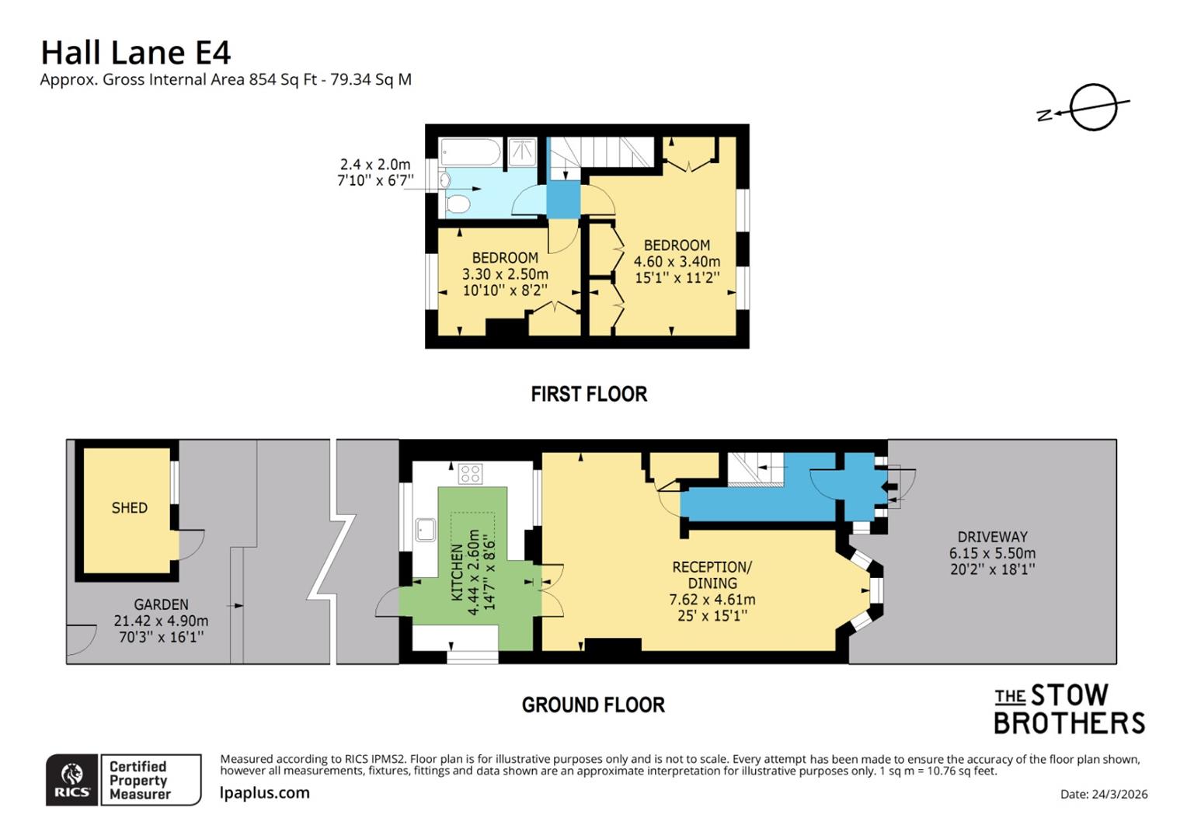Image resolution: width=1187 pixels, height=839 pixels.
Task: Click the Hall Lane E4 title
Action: click(x=135, y=53)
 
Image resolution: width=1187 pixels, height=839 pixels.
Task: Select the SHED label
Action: click(x=129, y=508)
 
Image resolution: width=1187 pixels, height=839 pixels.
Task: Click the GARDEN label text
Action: click(x=161, y=604)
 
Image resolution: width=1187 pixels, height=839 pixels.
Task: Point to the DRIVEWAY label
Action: click(x=992, y=537)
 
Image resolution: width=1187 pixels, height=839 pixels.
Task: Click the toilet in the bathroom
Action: click(x=458, y=204)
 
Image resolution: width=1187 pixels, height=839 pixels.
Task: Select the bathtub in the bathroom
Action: click(x=470, y=152)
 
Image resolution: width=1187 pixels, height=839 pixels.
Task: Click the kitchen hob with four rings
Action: click(x=470, y=473)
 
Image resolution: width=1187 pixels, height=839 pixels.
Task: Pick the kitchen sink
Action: click(x=425, y=530)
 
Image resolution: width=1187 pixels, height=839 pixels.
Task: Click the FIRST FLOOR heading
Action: click(x=589, y=395)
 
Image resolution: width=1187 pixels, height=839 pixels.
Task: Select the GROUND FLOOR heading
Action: click(x=593, y=705)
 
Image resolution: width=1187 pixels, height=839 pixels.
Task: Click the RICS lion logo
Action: click(x=72, y=779)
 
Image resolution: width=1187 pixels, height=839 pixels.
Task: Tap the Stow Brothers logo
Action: click(x=1069, y=708)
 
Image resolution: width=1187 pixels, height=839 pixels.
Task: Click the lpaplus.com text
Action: click(x=264, y=793)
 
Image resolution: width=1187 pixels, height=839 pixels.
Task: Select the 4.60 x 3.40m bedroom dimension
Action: click(x=677, y=262)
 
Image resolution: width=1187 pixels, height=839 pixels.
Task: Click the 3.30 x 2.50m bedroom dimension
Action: click(x=505, y=274)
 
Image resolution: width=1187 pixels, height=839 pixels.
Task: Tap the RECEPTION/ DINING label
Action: click(x=712, y=575)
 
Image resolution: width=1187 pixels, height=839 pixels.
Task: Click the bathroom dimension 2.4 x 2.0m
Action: click(x=375, y=165)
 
